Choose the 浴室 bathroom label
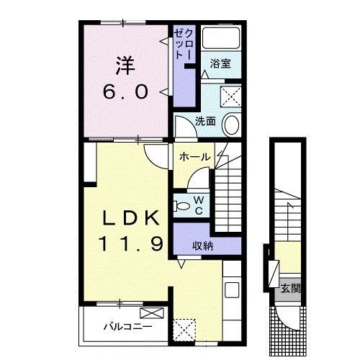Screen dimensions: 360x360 [220, 64]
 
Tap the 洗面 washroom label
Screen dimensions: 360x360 [205, 121]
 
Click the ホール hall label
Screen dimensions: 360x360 [194, 157]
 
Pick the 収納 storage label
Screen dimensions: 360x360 [202, 245]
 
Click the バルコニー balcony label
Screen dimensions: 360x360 [127, 326]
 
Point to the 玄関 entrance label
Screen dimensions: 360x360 [291, 289]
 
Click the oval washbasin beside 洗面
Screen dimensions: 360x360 [231, 125]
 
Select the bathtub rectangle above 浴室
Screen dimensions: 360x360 [222, 40]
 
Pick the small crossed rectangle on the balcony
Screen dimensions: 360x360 [153, 313]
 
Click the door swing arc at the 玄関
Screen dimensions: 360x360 [285, 317]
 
